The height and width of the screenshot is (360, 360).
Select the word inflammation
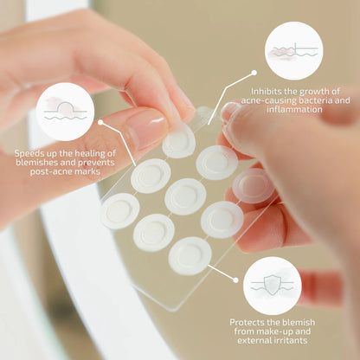294,109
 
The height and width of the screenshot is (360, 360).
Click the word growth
313,92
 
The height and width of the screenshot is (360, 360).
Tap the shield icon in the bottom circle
273,285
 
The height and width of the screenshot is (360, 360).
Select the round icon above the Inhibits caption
294,51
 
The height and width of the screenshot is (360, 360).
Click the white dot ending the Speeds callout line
100,122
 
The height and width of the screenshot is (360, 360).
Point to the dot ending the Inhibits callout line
254,73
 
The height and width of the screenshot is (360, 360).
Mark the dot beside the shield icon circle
235,280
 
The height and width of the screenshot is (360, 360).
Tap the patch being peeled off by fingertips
179,142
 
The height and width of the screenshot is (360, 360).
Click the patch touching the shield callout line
190,256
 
